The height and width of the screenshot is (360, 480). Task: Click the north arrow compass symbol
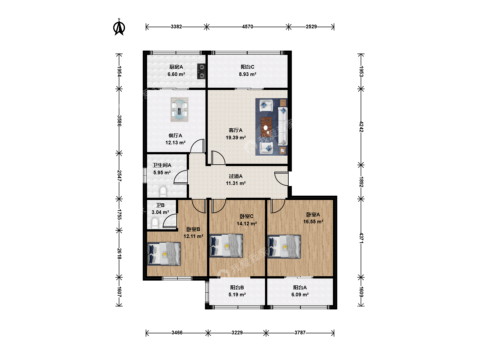click(x=119, y=27)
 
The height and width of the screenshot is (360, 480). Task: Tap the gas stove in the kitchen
click(x=201, y=71)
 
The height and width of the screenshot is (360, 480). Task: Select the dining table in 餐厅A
click(x=180, y=110)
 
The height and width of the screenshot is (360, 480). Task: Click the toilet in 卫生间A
click(x=163, y=191)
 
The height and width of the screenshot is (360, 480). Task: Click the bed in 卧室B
click(x=164, y=254)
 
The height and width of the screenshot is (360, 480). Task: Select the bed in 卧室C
click(x=226, y=246)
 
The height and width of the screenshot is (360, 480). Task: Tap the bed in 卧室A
click(x=284, y=247)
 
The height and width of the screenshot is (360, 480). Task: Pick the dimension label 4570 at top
click(x=248, y=27)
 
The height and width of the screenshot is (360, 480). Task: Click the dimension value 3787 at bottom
click(x=300, y=333)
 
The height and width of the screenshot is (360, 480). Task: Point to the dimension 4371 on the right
click(x=361, y=238)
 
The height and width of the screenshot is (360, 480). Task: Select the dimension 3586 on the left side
click(x=119, y=121)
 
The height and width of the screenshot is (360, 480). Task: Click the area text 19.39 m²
click(x=236, y=137)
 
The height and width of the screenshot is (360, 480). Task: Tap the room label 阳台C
click(x=248, y=67)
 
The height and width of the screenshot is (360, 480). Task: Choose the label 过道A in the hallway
click(x=236, y=176)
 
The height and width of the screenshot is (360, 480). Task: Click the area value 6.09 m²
click(x=300, y=295)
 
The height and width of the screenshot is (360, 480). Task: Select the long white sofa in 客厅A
click(x=283, y=126)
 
